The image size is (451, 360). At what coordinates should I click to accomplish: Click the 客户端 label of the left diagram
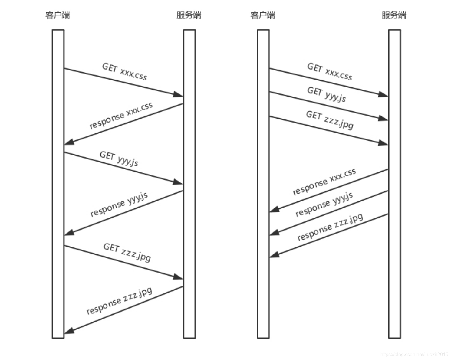58,15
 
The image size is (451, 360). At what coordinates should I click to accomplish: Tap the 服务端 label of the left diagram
189,15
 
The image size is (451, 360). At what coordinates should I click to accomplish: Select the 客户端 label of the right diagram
263,15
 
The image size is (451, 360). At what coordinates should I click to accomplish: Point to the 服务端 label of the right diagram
394,15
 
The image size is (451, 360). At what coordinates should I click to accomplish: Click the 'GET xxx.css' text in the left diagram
125,72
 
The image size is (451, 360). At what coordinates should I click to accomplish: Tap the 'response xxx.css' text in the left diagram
121,116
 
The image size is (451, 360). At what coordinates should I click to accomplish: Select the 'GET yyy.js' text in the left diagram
119,159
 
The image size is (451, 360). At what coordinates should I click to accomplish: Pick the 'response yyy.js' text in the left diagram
119,204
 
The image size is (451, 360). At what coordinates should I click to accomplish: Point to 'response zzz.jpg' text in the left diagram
120,301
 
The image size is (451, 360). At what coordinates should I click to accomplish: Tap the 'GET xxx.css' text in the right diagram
330,72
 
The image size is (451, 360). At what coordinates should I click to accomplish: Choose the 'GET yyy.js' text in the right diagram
327,94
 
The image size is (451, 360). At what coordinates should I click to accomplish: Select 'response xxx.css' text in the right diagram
324,182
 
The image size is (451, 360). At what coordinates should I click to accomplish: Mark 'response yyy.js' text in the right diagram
324,204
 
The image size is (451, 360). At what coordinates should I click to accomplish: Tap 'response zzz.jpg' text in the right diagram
330,227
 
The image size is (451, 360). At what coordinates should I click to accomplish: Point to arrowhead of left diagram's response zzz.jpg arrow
69,331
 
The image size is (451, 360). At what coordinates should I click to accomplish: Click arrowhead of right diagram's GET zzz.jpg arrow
383,143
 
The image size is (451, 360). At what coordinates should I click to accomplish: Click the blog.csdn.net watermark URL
414,354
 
